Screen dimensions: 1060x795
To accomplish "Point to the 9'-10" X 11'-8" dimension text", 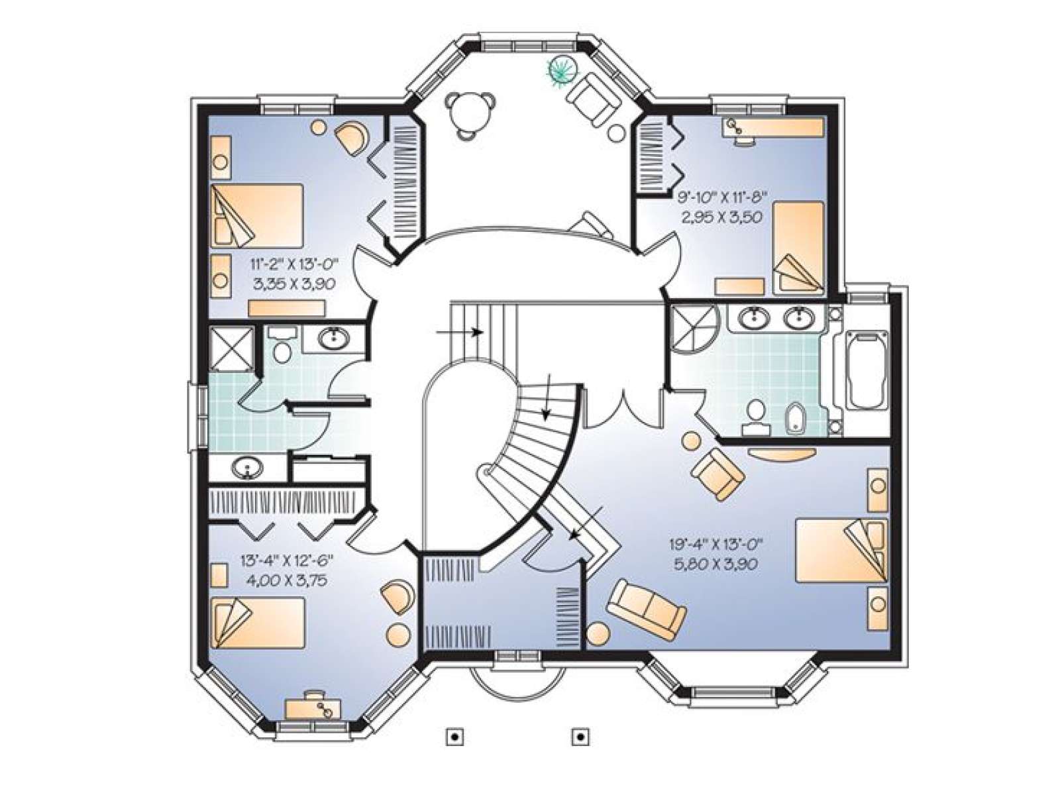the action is coord(721,197).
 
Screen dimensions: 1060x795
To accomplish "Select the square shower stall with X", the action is coord(231,348).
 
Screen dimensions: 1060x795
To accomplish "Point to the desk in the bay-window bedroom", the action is coord(313,709).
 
